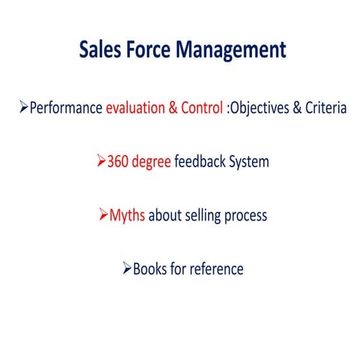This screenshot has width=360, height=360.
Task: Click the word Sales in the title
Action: pyautogui.click(x=101, y=50)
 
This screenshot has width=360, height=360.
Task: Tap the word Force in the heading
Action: pyautogui.click(x=149, y=50)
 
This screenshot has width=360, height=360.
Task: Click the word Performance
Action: pyautogui.click(x=65, y=108)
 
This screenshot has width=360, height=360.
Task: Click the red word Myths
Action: pyautogui.click(x=127, y=215)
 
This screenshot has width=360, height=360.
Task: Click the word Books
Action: pyautogui.click(x=148, y=268)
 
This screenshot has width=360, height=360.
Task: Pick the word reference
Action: pyautogui.click(x=216, y=268)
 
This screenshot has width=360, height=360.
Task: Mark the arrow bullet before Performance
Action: pyautogui.click(x=23, y=108)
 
